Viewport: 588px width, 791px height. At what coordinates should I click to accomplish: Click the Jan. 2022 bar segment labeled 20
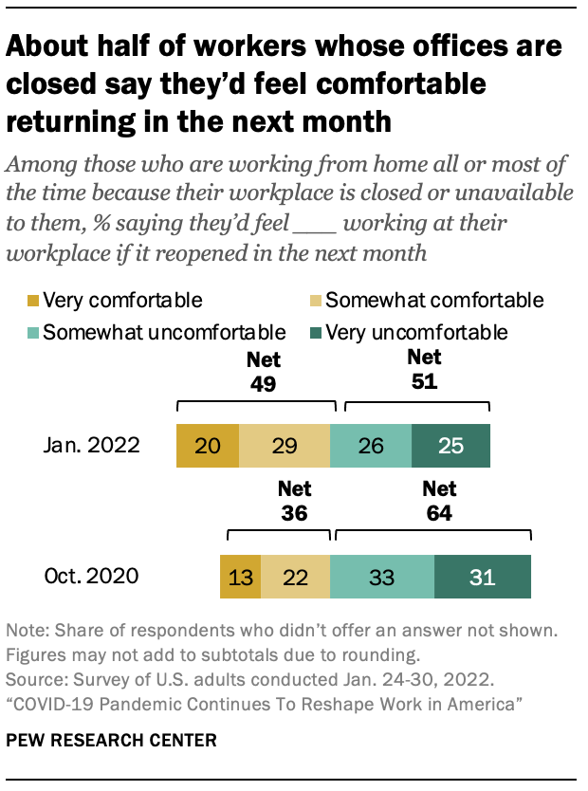pos(207,447)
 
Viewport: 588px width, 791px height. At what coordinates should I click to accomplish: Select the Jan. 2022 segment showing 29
pos(284,447)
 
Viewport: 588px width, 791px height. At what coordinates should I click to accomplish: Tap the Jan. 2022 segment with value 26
pos(371,447)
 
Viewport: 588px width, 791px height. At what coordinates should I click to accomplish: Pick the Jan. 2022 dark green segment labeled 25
pos(450,447)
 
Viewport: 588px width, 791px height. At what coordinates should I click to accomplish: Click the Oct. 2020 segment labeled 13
pos(240,576)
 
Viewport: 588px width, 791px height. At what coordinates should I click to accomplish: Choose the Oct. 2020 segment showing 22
pos(295,576)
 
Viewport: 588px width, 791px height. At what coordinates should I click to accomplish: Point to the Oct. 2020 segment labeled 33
pos(382,576)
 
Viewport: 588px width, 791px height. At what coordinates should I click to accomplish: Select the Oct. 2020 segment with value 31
pos(482,576)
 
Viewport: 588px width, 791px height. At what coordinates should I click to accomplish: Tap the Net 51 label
pos(424,369)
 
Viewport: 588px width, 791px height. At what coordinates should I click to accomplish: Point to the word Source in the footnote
pos(29,680)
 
